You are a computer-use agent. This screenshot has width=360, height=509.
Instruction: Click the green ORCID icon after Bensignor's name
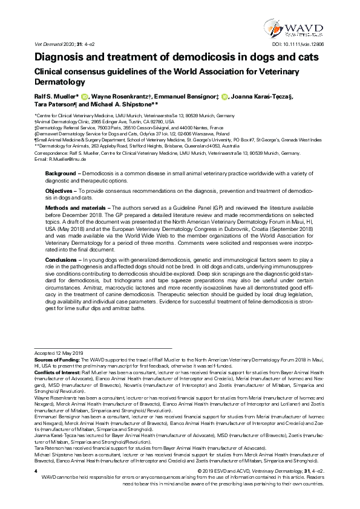click(x=224, y=95)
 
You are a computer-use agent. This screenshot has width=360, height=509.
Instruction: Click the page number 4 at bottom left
click(x=36, y=487)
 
